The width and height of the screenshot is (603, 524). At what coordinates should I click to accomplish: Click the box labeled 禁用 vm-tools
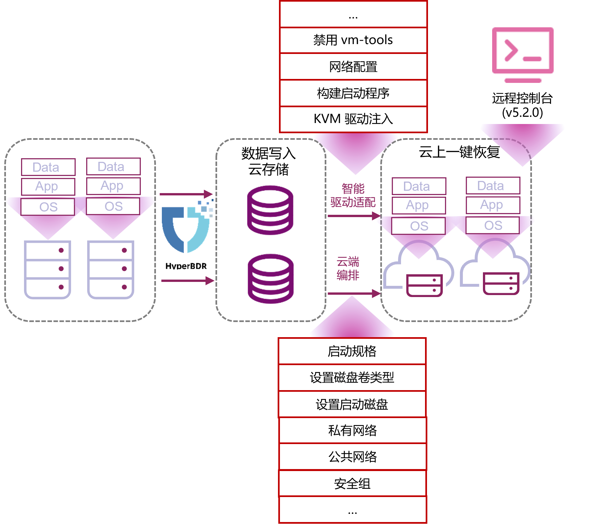point(353,40)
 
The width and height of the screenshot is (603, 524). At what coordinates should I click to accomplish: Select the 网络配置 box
point(353,67)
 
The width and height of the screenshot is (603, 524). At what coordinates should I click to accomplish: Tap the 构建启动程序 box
point(353,93)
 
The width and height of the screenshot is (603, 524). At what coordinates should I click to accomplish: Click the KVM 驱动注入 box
point(353,119)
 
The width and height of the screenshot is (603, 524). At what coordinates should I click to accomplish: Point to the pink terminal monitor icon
point(523,55)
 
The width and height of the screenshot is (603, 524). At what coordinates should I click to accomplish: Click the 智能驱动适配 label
point(353,195)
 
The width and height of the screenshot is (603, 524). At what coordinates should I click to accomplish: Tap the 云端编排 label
point(348,268)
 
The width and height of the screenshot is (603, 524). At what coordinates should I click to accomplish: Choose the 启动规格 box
point(352,351)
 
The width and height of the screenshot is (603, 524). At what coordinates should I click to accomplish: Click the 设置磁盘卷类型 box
point(352,378)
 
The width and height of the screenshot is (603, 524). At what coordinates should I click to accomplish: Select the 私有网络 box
point(352,431)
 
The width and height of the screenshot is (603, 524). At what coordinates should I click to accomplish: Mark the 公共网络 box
point(352,457)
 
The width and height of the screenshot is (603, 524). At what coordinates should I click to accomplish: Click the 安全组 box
point(352,484)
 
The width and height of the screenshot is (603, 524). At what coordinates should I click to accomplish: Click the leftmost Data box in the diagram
point(48,167)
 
